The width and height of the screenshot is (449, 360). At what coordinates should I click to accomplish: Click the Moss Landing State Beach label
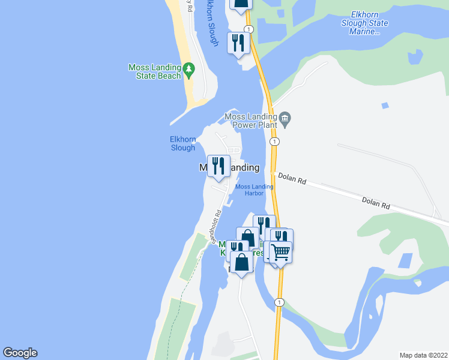coord(154,71)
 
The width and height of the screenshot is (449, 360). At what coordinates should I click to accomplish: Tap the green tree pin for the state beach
coord(189,70)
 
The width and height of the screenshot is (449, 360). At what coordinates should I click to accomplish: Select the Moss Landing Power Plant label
coord(249,121)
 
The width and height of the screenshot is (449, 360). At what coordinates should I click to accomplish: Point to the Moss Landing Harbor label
coord(255,190)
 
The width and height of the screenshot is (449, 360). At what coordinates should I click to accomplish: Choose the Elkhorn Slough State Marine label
coord(361,23)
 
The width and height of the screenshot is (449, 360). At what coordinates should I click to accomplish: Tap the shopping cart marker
coord(280,252)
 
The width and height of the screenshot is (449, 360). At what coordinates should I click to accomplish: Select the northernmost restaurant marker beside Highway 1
coord(238,43)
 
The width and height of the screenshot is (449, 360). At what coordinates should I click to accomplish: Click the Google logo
coord(20,353)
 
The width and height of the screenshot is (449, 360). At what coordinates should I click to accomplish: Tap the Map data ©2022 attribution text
coord(423,355)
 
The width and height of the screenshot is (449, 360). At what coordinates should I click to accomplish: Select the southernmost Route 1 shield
coord(279,302)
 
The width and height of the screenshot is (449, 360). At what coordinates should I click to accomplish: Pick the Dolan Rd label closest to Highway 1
coord(293,179)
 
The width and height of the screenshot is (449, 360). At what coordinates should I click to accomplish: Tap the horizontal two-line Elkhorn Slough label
coord(183,143)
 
